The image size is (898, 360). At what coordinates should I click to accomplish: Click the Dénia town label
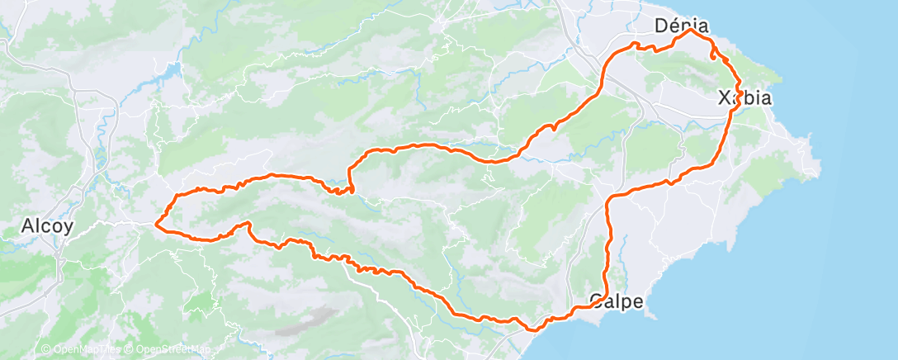[682, 26]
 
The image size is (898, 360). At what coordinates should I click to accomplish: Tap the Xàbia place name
[744, 98]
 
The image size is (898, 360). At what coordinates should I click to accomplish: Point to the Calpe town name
[617, 301]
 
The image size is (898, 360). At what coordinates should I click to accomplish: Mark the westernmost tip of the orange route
[156, 222]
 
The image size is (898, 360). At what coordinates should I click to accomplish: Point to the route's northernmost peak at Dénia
[690, 31]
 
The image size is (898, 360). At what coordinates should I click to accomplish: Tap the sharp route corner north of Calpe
[610, 200]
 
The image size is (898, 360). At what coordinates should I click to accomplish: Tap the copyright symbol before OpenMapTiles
[45, 349]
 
